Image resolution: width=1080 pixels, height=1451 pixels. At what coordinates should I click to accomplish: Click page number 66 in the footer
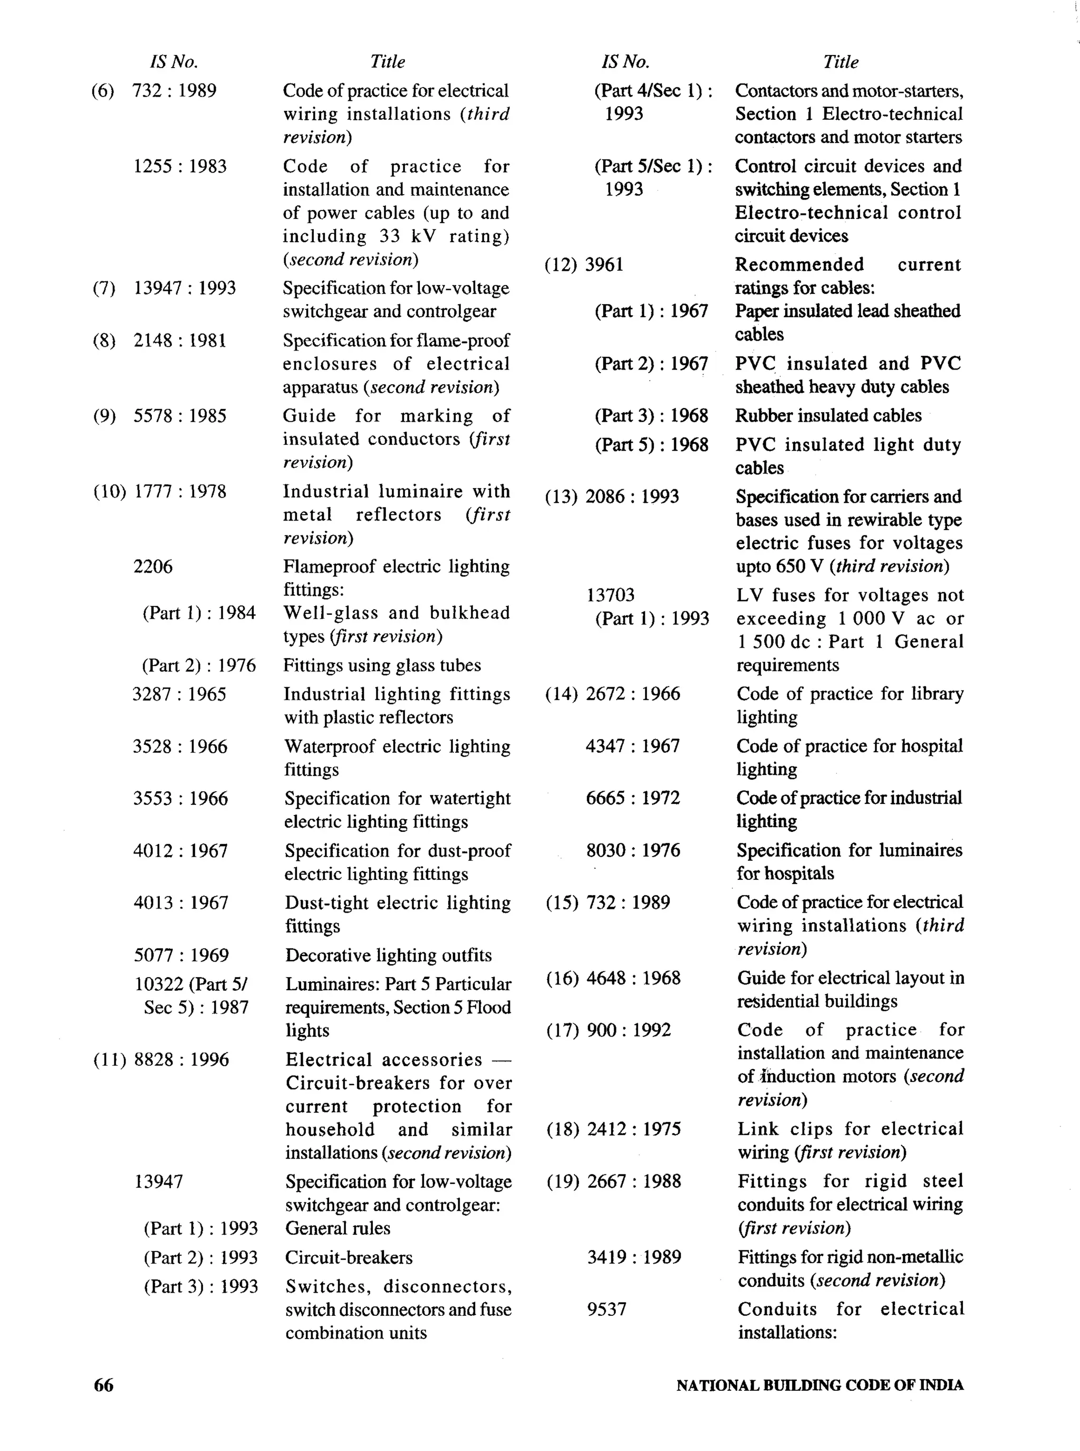click(103, 1385)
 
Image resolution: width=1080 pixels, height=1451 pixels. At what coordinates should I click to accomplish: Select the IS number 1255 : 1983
click(180, 166)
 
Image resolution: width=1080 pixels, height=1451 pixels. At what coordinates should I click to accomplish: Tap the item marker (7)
click(103, 288)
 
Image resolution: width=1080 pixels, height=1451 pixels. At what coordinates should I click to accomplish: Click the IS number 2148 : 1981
click(180, 340)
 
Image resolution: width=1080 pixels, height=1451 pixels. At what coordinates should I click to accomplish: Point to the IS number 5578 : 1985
click(180, 416)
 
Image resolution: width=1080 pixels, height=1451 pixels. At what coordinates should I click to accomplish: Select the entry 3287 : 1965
click(179, 694)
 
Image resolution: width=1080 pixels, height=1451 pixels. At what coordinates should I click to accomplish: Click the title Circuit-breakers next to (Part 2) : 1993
click(349, 1257)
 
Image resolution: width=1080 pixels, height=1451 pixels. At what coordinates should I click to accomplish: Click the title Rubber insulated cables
click(827, 415)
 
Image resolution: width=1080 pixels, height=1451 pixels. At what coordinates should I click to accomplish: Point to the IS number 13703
click(610, 595)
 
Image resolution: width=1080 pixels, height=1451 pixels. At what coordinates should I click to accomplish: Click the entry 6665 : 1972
click(632, 798)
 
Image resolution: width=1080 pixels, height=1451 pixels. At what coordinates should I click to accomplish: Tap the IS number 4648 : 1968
click(633, 978)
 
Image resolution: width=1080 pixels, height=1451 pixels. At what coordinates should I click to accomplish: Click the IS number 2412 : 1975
click(633, 1128)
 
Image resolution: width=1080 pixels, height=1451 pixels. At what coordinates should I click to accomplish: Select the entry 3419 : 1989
click(633, 1257)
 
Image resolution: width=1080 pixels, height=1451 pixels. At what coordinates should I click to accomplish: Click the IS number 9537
click(606, 1309)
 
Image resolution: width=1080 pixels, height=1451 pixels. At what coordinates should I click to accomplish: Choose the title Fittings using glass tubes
click(382, 665)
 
